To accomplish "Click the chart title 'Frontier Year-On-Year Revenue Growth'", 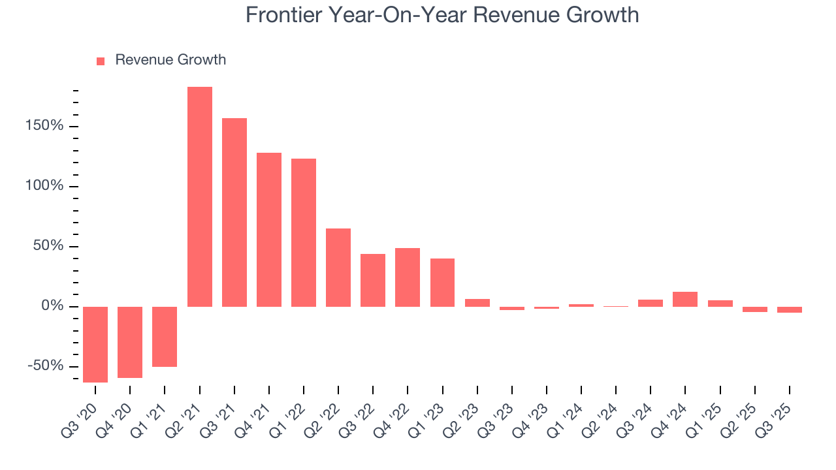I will (442, 15).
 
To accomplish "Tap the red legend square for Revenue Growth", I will (101, 61).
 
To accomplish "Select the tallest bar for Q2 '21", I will (200, 196).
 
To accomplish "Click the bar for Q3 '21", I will (234, 212).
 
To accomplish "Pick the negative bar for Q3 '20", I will (95, 344).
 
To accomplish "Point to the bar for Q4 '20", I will (130, 342).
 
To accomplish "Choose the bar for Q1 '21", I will (165, 336).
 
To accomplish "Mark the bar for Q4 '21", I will (269, 230).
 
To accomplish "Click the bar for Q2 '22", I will (338, 268).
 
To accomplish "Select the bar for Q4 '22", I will (408, 277).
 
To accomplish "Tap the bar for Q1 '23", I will (442, 283).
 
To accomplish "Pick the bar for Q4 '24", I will (685, 299).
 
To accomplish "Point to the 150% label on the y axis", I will (45, 126).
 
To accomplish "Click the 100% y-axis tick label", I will (45, 186).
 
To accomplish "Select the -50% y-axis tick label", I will (45, 366).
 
